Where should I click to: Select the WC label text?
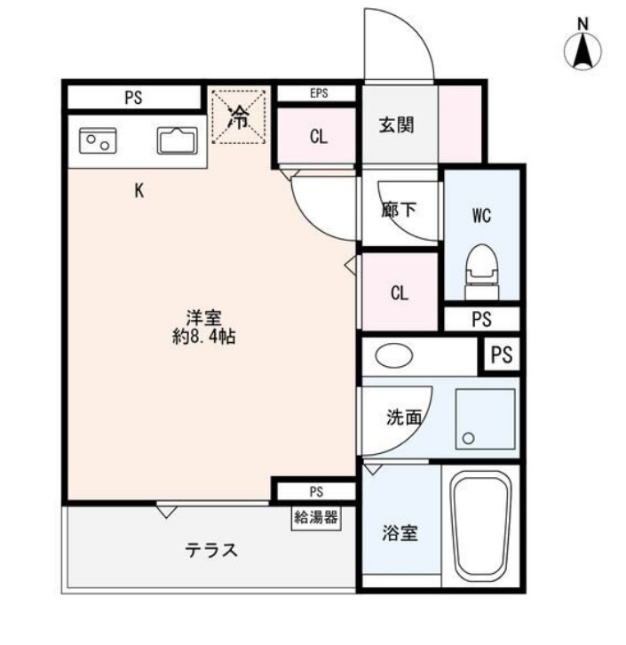[x=481, y=215]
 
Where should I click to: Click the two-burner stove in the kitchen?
[x=99, y=140]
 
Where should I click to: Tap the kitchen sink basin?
[x=178, y=140]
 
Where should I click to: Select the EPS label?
[x=319, y=92]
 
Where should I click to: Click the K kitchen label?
[x=139, y=189]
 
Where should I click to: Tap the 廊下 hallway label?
[x=399, y=211]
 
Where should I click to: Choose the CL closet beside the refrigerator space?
[x=319, y=137]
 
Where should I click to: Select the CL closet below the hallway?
[x=400, y=293]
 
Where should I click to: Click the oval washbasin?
[x=394, y=356]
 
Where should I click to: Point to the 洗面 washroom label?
[x=402, y=417]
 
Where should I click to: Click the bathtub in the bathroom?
[x=480, y=528]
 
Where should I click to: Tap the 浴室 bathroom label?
[x=401, y=533]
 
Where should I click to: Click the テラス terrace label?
[x=211, y=550]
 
